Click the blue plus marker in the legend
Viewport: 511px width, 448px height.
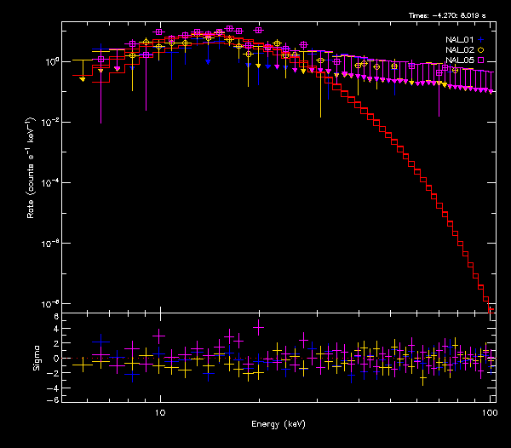[x=481, y=39]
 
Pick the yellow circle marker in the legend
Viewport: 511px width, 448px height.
[x=481, y=50]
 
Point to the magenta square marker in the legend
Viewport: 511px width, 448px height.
[x=481, y=60]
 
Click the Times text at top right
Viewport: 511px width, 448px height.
[x=447, y=15]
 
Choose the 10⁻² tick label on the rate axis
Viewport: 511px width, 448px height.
[x=49, y=123]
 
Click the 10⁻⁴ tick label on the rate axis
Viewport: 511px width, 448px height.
[x=49, y=183]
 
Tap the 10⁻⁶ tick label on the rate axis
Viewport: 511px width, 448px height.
[x=49, y=244]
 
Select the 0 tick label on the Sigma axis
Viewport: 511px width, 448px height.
[x=55, y=359]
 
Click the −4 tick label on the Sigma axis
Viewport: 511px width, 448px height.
[x=53, y=386]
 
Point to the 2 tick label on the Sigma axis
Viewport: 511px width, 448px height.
[x=55, y=344]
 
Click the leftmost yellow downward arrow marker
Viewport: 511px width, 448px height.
[x=82, y=79]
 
